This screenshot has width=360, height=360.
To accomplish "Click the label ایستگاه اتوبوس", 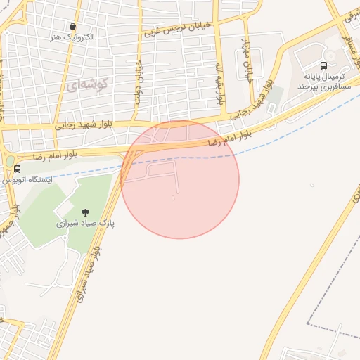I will (x=24, y=180).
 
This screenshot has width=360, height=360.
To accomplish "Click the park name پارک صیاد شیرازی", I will (x=86, y=222).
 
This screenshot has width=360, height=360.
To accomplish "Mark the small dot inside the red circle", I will (x=173, y=198).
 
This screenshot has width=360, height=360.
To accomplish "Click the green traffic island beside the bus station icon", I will (x=9, y=161).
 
